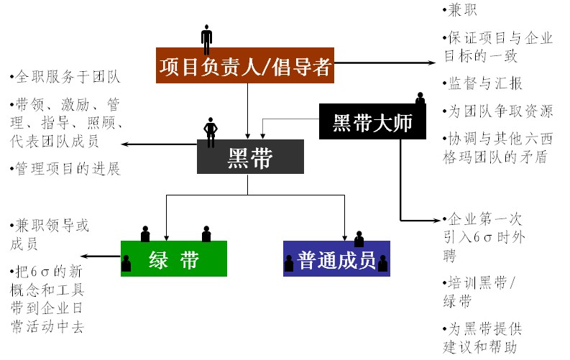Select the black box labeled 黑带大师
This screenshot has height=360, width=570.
point(372,121)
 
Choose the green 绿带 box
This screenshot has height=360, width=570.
point(174,259)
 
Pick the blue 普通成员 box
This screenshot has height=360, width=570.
point(336,259)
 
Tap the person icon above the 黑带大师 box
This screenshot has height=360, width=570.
point(420,98)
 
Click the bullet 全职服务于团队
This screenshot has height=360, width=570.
point(65,75)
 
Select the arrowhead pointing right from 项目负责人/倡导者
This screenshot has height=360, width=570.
point(435,63)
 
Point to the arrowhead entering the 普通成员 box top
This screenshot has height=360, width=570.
point(346,236)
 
